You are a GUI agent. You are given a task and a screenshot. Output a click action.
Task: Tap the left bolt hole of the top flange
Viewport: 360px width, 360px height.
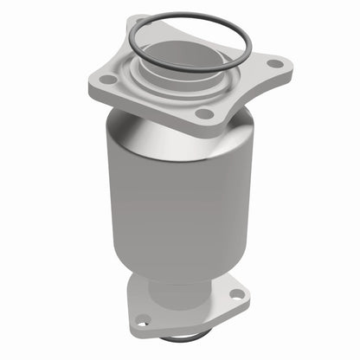click(108, 79)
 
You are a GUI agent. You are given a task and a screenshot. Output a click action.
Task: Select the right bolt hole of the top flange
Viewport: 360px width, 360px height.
click(274, 62)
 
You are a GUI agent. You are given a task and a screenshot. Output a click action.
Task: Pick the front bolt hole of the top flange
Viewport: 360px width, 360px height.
click(202, 112)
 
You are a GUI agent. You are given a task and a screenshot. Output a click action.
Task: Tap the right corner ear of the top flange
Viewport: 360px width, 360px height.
click(282, 62)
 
